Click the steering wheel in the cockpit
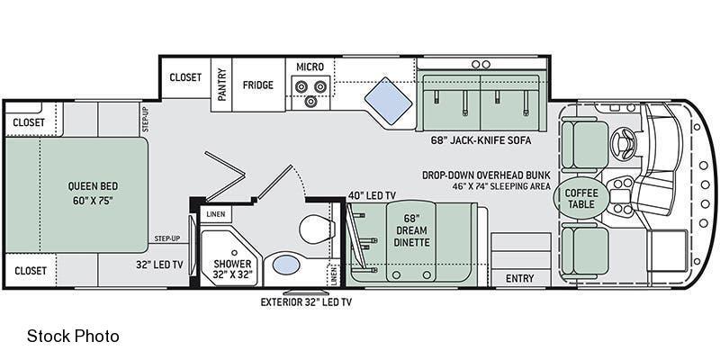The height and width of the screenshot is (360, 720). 622,142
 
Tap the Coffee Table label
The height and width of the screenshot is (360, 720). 581,198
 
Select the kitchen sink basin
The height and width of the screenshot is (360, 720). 389,101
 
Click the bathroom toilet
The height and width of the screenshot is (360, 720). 317,229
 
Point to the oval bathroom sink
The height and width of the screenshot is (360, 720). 286,265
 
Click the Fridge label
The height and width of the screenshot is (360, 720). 258,85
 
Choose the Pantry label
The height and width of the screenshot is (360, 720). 221,85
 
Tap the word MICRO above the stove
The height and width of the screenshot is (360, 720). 310,67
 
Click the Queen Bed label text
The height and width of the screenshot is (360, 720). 93,193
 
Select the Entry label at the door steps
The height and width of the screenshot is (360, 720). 520,278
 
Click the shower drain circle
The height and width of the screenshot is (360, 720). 234,253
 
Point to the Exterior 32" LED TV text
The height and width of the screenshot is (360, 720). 306,302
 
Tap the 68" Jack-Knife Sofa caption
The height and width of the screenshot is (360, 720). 481,140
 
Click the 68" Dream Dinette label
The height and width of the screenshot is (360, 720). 412,230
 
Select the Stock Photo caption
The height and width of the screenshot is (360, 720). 74,336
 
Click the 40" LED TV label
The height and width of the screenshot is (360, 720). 372,195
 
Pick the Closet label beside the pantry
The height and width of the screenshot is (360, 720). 185,77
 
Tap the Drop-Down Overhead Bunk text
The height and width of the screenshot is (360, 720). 486,175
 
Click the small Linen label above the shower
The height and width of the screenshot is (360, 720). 216,214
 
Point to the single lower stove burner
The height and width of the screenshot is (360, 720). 310,100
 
